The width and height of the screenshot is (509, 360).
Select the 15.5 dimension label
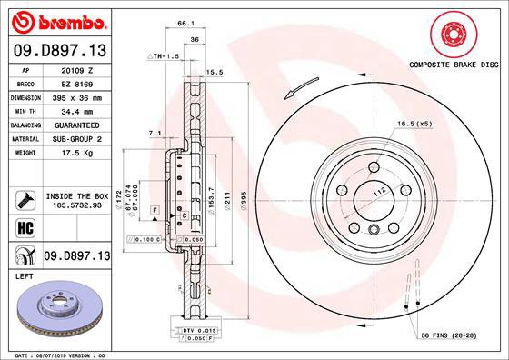pyautogui.click(x=215, y=72)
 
